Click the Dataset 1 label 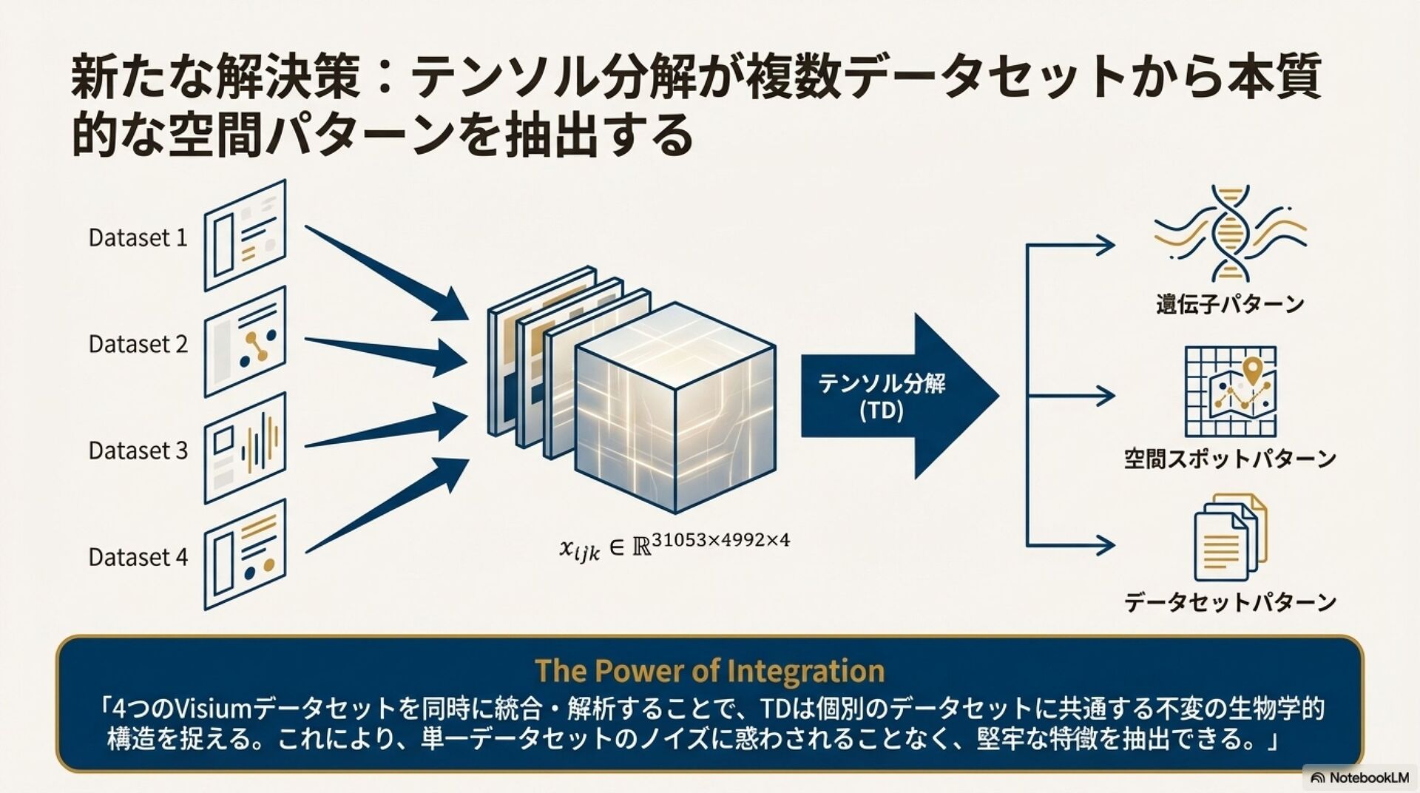coord(138,237)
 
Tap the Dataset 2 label coord(138,344)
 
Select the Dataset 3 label coord(138,451)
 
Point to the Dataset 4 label coord(138,557)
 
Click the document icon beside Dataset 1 coord(245,234)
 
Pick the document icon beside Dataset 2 coord(245,342)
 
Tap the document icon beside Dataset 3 coord(245,448)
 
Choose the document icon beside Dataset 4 coord(245,554)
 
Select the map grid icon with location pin coord(1230,391)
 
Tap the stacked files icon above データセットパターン coord(1230,538)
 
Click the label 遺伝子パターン coord(1230,304)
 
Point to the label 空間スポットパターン coord(1230,459)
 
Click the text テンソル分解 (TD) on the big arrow coord(882,396)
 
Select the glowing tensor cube coord(674,407)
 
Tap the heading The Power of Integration coord(709,671)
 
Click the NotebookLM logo coord(1359,777)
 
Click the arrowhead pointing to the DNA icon coord(1106,245)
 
